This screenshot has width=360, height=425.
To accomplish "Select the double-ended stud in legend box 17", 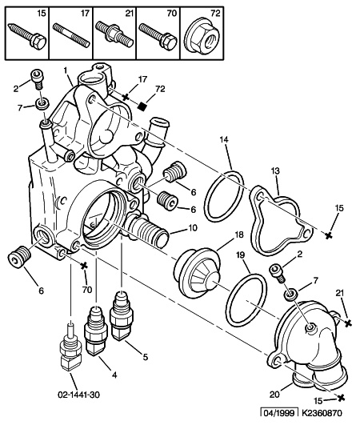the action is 71,35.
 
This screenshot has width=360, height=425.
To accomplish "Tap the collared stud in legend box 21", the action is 115,34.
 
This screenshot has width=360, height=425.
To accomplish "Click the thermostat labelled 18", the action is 197,274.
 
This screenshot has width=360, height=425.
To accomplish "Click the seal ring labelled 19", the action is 246,300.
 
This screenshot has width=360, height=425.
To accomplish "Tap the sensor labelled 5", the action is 120,316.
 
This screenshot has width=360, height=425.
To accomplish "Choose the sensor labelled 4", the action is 95,331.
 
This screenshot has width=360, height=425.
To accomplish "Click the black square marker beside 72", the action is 142,106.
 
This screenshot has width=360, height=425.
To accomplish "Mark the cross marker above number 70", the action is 84,266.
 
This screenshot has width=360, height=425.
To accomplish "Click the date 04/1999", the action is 279,414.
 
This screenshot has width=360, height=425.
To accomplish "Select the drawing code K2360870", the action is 322,413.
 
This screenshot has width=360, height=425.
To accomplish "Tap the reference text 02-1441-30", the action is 78,395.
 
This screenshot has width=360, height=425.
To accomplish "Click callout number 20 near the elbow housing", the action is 274,395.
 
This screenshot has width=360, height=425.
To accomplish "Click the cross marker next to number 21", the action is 348,323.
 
